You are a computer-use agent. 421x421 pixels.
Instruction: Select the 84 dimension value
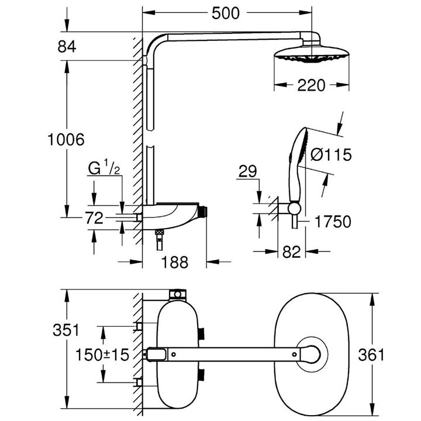point(67,47)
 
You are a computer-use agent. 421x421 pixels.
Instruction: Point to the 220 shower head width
point(310,85)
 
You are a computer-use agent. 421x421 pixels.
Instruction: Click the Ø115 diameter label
point(331,155)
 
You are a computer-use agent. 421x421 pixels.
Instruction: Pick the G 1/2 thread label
point(104,170)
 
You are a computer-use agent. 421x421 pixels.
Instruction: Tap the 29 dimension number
point(248,171)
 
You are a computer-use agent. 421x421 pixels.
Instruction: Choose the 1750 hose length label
point(331,222)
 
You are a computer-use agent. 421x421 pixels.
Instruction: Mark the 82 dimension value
point(292,253)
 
